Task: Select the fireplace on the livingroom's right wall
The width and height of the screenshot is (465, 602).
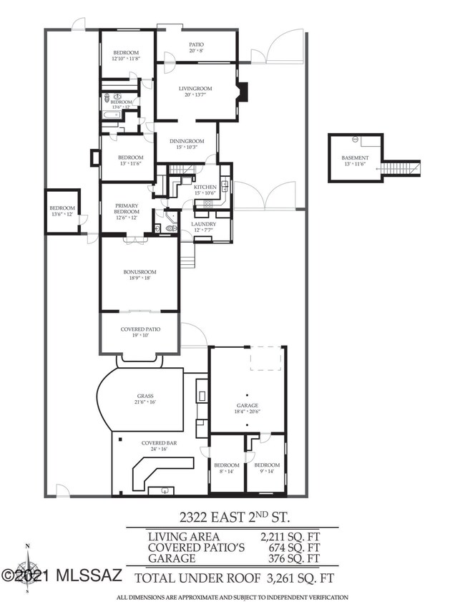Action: [x=243, y=91]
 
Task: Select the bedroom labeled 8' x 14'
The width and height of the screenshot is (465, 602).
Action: [x=227, y=468]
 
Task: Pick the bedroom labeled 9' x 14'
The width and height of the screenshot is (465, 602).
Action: [x=267, y=468]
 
